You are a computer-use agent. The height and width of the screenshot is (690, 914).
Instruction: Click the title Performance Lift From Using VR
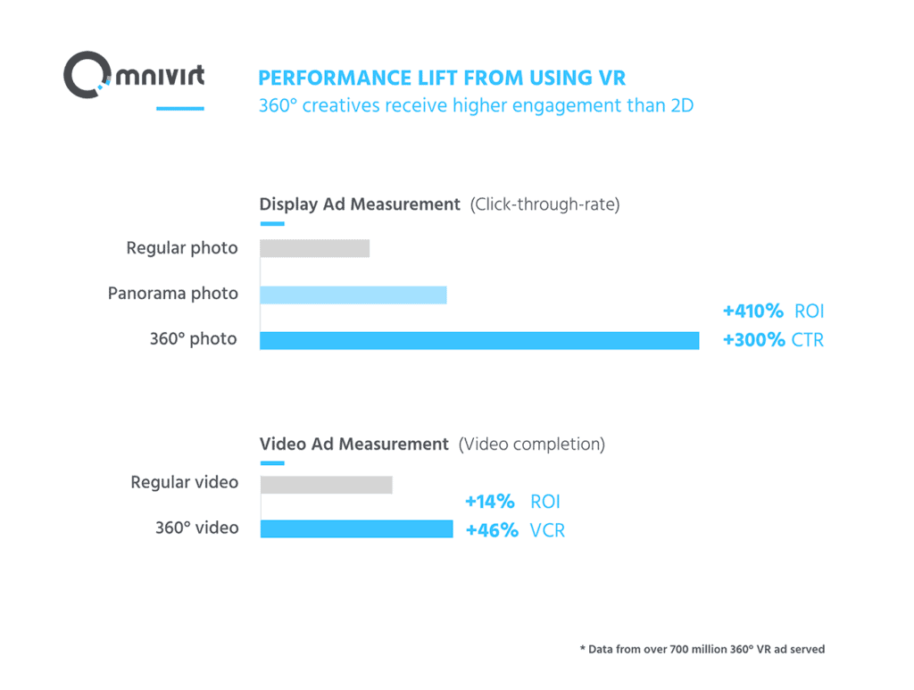(442, 77)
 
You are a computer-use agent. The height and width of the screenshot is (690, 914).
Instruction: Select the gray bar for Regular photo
(314, 248)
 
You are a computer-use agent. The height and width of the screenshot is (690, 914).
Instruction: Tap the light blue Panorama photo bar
(353, 295)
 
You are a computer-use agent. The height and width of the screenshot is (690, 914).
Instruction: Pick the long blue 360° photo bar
(479, 340)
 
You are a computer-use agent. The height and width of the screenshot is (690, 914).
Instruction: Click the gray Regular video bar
(326, 484)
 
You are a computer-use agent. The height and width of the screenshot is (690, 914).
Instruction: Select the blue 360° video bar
(356, 528)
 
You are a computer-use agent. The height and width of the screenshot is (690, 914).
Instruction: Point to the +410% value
(752, 311)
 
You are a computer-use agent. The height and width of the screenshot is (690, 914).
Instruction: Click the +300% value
(753, 340)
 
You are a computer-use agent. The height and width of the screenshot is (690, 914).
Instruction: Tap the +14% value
(490, 502)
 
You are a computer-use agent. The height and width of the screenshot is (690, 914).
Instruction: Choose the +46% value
(492, 530)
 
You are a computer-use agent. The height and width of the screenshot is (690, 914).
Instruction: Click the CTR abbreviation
(808, 340)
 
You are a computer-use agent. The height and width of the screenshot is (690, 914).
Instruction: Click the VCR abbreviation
(547, 530)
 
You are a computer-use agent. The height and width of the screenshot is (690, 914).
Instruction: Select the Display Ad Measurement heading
(360, 204)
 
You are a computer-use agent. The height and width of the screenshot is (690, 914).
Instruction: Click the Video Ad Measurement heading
(353, 444)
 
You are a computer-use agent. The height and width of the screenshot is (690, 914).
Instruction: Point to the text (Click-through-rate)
(544, 204)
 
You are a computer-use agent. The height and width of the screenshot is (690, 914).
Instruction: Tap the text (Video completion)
(531, 444)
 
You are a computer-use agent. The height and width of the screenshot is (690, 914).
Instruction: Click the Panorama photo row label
(173, 294)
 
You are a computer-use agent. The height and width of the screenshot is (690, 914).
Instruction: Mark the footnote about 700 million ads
(702, 649)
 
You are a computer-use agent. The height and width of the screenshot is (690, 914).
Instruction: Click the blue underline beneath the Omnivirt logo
(180, 109)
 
